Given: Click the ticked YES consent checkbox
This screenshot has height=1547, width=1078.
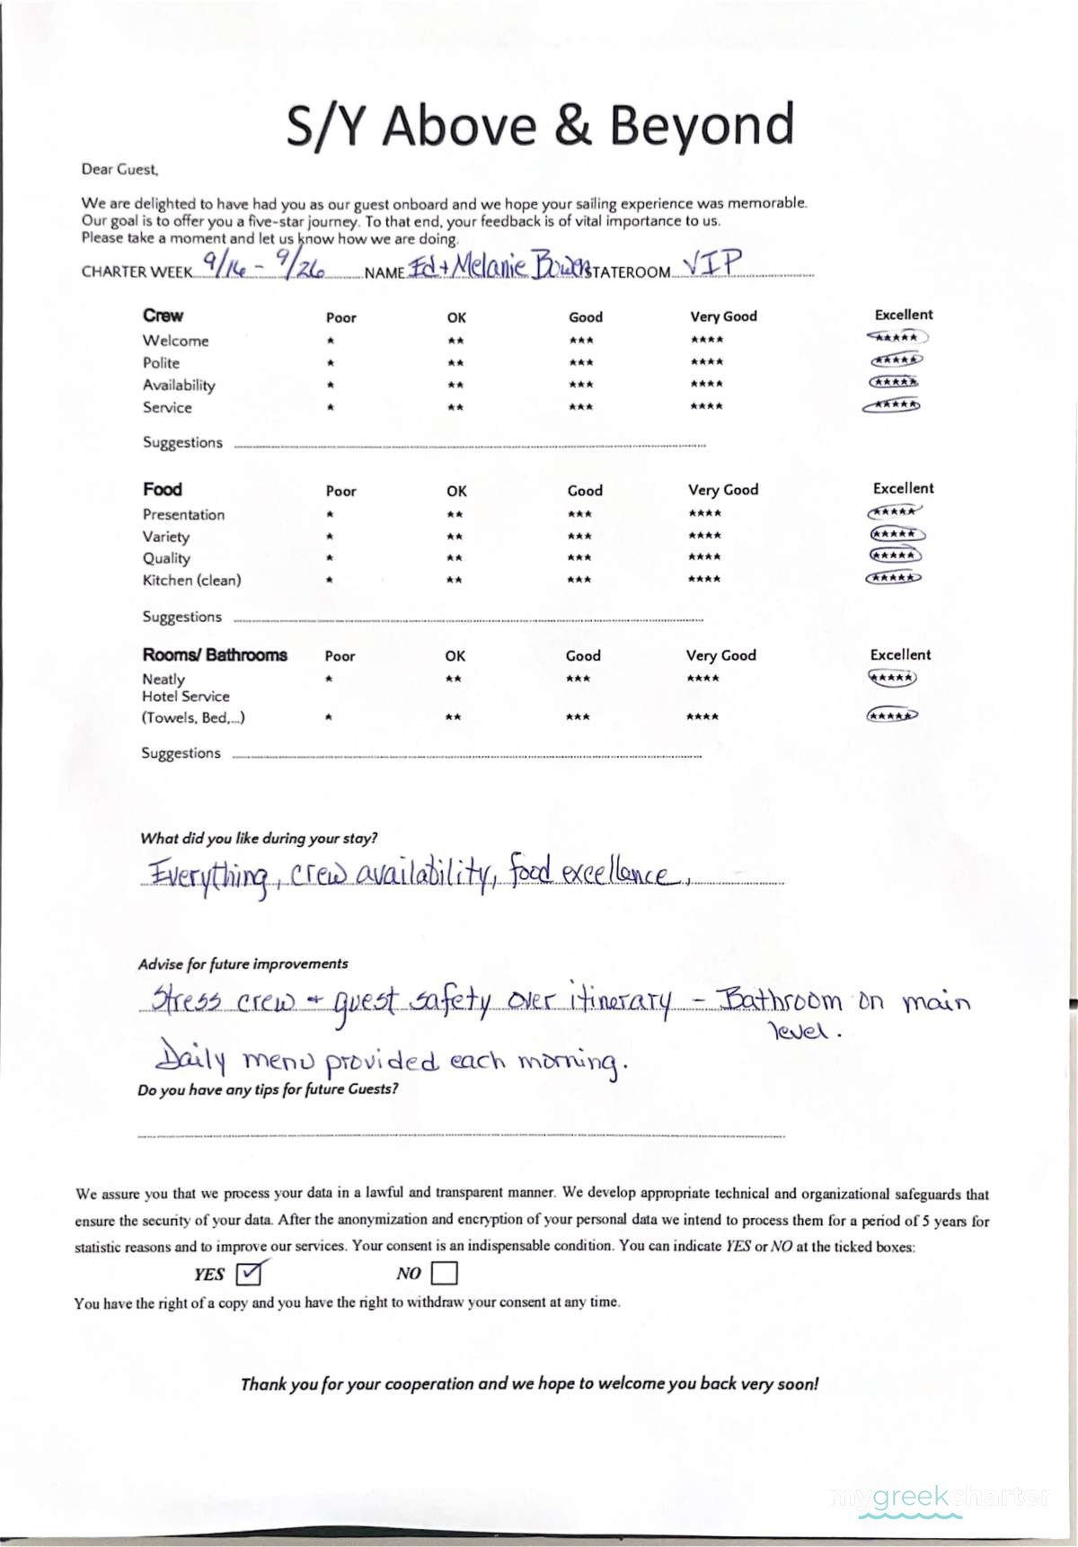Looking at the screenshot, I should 248,1273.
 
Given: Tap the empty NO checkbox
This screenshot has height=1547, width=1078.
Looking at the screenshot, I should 444,1273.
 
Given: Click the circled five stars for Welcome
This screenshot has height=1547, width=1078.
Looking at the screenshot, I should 897,338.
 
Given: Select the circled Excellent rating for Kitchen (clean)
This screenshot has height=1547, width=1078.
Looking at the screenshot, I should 893,578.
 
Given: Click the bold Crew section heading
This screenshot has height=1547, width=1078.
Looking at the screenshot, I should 163,316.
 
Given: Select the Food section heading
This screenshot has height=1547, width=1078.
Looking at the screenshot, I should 163,489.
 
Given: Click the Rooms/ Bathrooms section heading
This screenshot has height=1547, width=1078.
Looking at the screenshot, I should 215,654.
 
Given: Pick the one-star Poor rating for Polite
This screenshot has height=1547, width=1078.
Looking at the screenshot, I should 331,363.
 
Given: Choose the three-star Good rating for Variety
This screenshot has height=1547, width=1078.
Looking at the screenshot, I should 580,537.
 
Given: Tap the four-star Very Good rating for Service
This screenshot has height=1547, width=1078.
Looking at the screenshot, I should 706,406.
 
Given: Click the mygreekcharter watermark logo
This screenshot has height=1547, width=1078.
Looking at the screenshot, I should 941,1498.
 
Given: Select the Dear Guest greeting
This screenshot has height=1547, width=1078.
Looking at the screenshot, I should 119,169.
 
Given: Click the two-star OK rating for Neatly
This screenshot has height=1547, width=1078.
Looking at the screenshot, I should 454,679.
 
